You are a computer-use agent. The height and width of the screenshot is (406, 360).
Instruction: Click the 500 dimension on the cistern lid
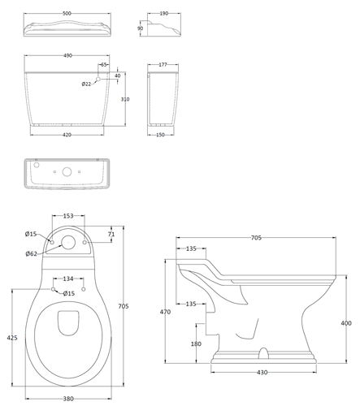[67, 13]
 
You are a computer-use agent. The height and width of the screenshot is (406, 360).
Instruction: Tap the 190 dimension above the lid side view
[164, 13]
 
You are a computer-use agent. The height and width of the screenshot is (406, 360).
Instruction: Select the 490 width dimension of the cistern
[67, 55]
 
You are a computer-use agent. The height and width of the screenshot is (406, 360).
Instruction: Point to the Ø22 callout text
[86, 84]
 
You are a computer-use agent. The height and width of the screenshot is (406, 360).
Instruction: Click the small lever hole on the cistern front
[98, 79]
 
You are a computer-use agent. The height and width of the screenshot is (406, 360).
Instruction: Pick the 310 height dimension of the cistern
[125, 99]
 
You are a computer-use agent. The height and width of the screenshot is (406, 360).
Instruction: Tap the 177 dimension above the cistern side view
[163, 65]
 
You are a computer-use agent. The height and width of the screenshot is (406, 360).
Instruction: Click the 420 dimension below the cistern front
[67, 135]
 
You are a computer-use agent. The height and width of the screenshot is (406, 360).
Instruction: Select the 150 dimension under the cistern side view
[160, 135]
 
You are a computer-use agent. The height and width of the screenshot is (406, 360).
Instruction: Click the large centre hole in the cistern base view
[67, 172]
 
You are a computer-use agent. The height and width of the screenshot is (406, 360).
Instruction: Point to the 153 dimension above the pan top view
[68, 216]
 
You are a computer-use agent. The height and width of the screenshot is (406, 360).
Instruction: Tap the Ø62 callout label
[31, 253]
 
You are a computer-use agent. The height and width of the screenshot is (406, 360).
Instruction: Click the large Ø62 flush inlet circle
[68, 242]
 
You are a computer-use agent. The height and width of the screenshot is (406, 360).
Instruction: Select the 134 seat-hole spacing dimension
[68, 279]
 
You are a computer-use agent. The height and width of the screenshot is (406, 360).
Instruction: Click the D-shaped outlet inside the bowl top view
[68, 323]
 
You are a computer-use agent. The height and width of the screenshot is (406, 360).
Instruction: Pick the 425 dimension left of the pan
[12, 338]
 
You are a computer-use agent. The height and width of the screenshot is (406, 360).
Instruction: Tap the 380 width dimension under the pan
[68, 399]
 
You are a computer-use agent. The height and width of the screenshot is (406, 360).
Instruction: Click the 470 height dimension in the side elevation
[165, 312]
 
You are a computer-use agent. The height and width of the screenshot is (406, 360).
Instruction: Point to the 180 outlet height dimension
[196, 343]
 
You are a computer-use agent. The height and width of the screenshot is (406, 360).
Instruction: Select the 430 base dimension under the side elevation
[262, 373]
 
